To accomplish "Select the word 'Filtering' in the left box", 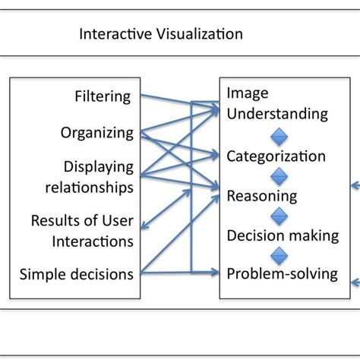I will (x=103, y=97).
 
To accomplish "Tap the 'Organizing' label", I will (x=97, y=133).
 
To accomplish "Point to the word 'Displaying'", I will (x=99, y=166).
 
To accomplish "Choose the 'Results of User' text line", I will (x=82, y=221).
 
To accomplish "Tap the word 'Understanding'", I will (x=277, y=114).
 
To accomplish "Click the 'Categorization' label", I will (x=276, y=156).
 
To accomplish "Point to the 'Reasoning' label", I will (x=262, y=196).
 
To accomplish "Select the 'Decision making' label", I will (x=282, y=235).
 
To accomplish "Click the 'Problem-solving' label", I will (x=282, y=273).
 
